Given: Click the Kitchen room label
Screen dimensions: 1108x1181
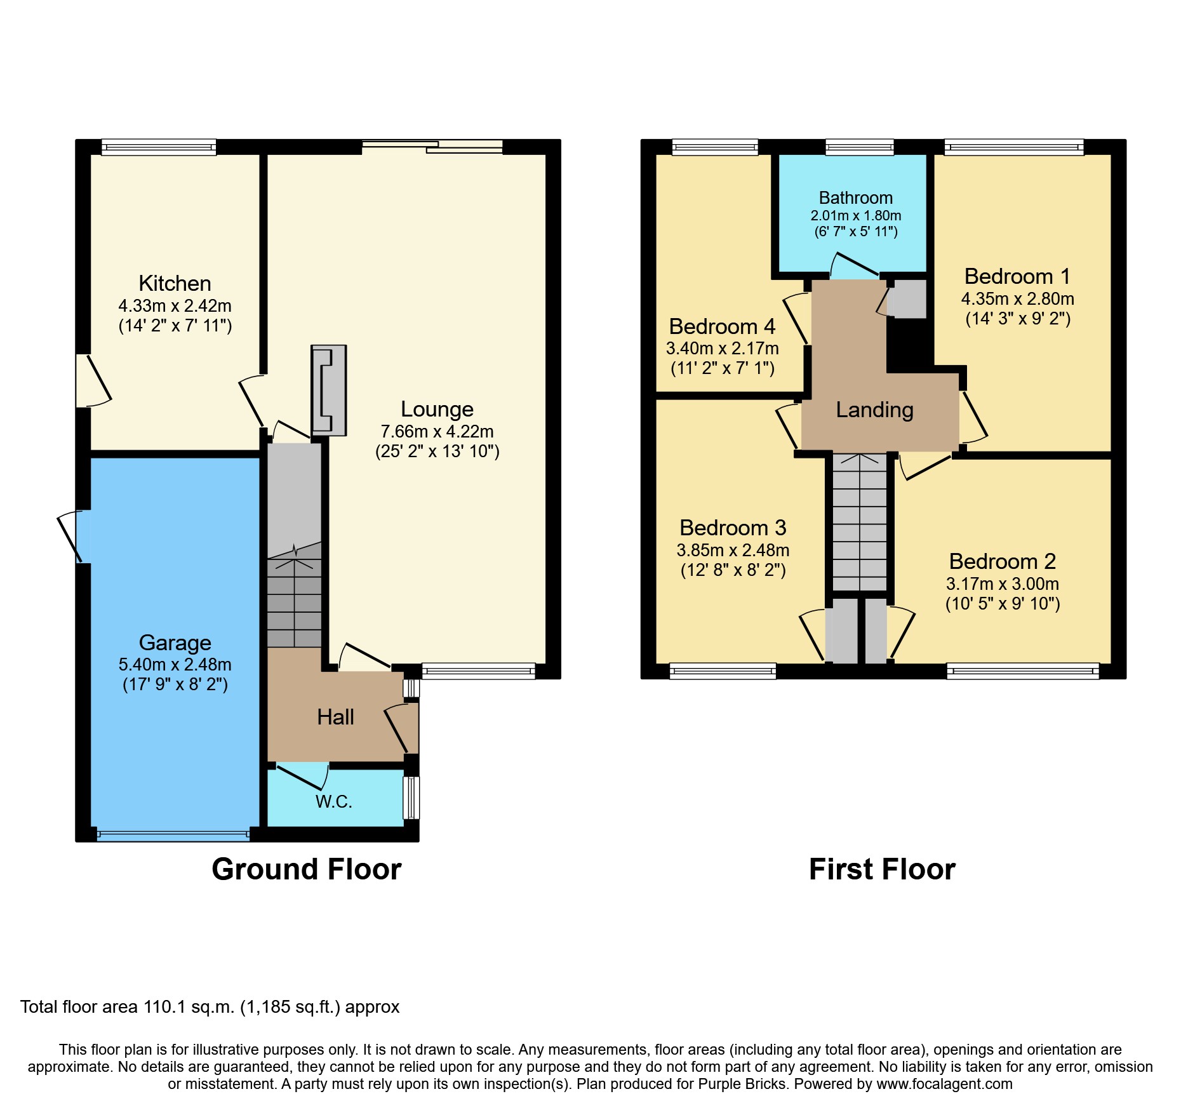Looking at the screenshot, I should coord(175,284).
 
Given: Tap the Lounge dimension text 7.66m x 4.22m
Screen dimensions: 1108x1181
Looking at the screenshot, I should coord(437,432).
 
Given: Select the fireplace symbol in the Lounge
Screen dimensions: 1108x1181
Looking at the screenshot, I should coord(328,390).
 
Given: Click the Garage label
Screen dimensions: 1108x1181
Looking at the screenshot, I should coord(175,643).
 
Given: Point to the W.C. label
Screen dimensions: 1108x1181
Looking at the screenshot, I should coord(334,802).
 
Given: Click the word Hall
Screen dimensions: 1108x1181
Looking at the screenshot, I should coord(335,718).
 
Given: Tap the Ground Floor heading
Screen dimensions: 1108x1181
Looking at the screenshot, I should coord(306,869).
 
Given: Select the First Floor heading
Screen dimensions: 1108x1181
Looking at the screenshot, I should coord(881,869).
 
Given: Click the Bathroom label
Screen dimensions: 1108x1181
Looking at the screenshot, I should coord(855,198).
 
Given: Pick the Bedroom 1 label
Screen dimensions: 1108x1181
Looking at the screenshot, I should coord(1017,277).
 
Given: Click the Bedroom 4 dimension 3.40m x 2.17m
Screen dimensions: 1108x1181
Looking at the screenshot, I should coord(722,349).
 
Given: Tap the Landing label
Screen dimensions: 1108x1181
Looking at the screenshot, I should coord(874,410).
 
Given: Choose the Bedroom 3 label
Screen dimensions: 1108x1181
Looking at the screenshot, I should coord(733,528).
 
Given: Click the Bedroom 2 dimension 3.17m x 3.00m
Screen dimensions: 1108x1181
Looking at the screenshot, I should coord(1002,584).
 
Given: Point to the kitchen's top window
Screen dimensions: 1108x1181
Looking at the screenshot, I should coord(159,148).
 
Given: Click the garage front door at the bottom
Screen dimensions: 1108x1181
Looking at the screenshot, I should coord(173,835).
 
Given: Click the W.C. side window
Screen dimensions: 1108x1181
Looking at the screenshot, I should coord(411,798).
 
